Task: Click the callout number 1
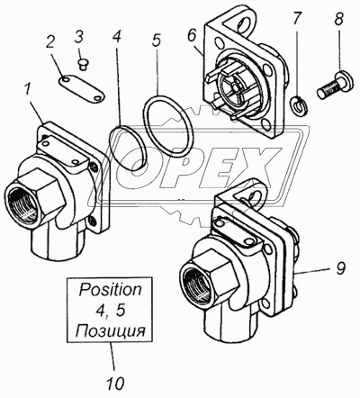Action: pyautogui.click(x=28, y=90)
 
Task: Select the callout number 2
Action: pyautogui.click(x=50, y=42)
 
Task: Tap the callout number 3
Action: pyautogui.click(x=78, y=38)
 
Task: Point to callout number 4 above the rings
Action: pyautogui.click(x=117, y=35)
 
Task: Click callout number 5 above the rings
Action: pyautogui.click(x=157, y=41)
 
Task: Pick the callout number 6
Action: pyautogui.click(x=192, y=35)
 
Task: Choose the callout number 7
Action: pyautogui.click(x=296, y=19)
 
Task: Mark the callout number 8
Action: pyautogui.click(x=337, y=20)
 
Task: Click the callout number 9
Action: pyautogui.click(x=340, y=268)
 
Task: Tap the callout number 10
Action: pyautogui.click(x=115, y=383)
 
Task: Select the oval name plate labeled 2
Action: pyautogui.click(x=80, y=89)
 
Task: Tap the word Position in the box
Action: pyautogui.click(x=110, y=290)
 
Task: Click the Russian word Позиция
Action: pyautogui.click(x=110, y=332)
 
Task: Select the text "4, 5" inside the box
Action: pyautogui.click(x=110, y=312)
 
